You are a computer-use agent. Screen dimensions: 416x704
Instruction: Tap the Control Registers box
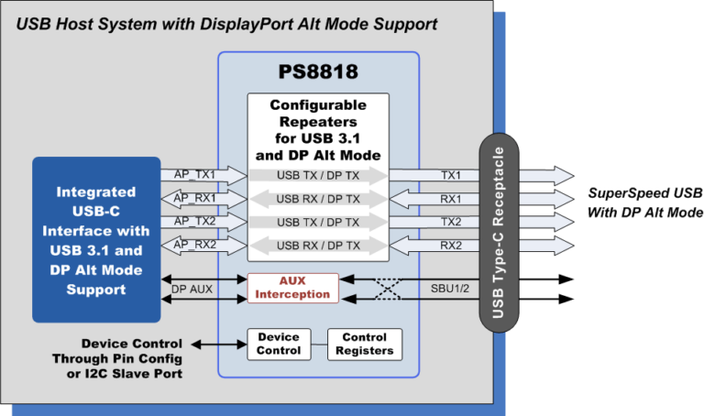pyautogui.click(x=364, y=344)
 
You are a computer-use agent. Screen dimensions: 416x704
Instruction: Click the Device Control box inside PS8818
pyautogui.click(x=279, y=344)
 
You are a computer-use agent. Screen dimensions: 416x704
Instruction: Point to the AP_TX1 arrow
pyautogui.click(x=204, y=175)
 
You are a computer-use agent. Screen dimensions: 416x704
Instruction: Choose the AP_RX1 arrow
pyautogui.click(x=204, y=198)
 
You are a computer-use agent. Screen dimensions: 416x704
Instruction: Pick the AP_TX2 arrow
pyautogui.click(x=204, y=222)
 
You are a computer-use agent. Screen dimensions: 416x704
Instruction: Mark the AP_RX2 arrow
pyautogui.click(x=204, y=245)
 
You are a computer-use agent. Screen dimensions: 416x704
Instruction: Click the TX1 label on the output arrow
pyautogui.click(x=450, y=175)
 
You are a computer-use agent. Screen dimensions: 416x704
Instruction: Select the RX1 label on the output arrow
pyautogui.click(x=450, y=198)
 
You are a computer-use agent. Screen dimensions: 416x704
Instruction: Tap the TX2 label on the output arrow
pyautogui.click(x=450, y=222)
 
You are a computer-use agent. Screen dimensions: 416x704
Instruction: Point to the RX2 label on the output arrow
pyautogui.click(x=450, y=245)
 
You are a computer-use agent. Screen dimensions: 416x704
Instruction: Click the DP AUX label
pyautogui.click(x=191, y=288)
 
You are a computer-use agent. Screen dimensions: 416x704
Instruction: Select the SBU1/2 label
pyautogui.click(x=450, y=288)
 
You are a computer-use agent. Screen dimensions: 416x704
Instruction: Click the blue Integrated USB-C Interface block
pyautogui.click(x=96, y=240)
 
